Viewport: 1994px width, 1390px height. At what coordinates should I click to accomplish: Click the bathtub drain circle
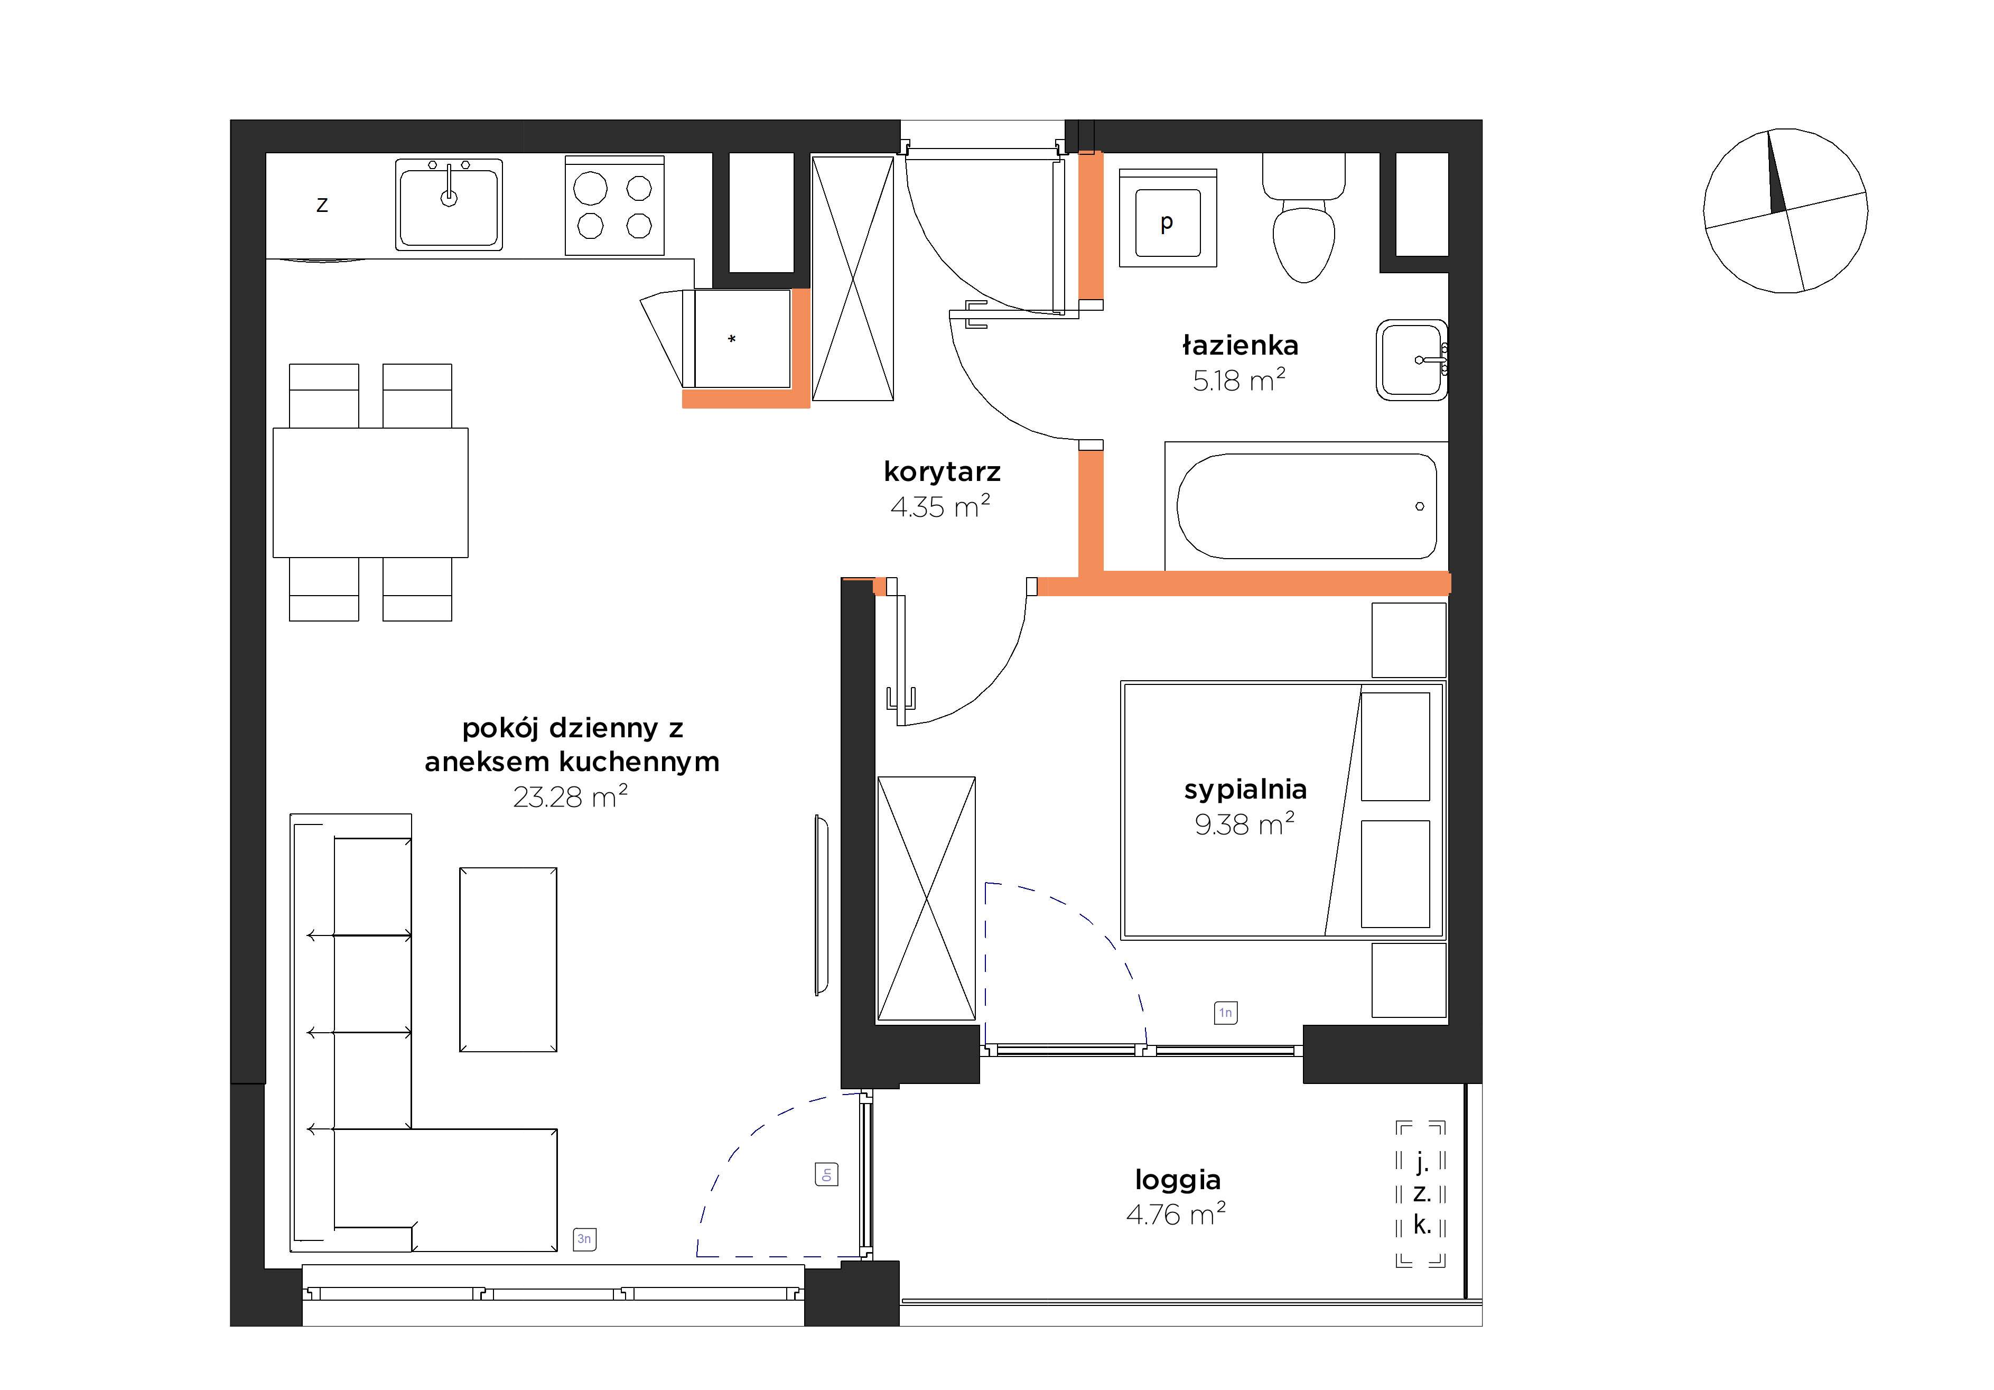coord(1419,506)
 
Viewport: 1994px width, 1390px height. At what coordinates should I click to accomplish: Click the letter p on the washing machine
coord(1167,223)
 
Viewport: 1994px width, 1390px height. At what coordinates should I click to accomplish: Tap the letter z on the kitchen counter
coord(322,205)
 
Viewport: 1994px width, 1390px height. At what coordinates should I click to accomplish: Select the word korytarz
coord(942,472)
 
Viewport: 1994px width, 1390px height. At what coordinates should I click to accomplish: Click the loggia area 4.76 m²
coord(1176,1213)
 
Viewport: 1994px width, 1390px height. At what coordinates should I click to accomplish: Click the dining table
coord(371,493)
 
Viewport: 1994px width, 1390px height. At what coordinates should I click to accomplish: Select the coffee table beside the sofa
coord(508,959)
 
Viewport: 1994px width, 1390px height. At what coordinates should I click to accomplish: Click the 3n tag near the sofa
coord(584,1239)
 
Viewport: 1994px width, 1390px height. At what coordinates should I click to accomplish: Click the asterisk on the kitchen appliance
coord(732,339)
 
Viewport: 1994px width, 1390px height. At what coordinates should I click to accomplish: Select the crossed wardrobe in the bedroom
coord(927,898)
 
